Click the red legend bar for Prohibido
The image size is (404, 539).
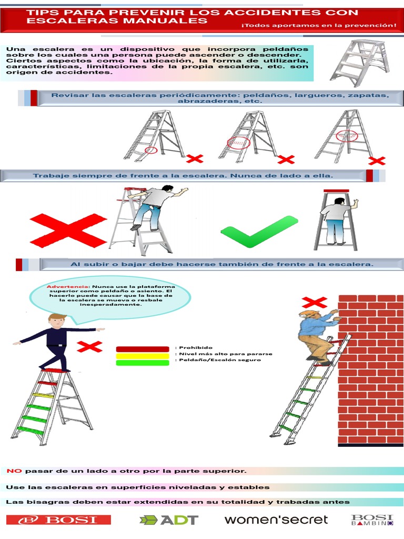tap(142, 348)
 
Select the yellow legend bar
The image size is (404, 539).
tap(142, 355)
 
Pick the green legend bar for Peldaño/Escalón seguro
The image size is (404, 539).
tap(142, 363)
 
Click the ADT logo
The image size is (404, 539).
tap(169, 520)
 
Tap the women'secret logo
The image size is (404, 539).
tap(276, 520)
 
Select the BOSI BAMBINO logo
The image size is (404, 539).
tap(372, 520)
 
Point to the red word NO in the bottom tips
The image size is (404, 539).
tap(14, 471)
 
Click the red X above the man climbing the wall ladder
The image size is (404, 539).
tap(314, 302)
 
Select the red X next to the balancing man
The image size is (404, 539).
tap(89, 346)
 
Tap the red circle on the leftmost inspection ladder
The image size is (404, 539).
tap(151, 150)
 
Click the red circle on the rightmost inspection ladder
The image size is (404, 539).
tap(347, 135)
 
